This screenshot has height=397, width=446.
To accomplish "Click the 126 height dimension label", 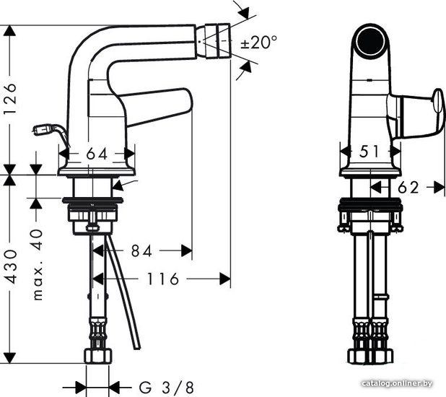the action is coord(10,99).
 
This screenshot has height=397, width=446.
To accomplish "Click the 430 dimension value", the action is coord(12,266).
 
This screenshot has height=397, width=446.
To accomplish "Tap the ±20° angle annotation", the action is coord(258,43).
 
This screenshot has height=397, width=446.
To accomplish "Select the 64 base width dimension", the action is coord(97,154).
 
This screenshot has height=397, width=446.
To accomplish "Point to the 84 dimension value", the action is coord(141,251).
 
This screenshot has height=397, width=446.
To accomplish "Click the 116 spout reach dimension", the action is coord(162,279).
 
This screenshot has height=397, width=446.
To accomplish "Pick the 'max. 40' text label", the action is coord(38,264).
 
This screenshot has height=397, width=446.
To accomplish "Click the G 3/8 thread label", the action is coord(167,388).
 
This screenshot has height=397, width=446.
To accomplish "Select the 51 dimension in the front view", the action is coord(370,151).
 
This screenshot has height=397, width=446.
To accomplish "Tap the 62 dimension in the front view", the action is coord(408,188).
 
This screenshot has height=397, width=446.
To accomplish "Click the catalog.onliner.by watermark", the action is coord(397,383).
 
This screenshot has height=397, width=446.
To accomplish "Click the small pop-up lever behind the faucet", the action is coord(51,134).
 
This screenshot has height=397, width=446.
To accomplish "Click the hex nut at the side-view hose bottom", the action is coord(98,356).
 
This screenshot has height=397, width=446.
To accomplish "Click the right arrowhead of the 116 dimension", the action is coord(224,279).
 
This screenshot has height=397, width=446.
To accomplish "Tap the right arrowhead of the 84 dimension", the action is coord(187,251).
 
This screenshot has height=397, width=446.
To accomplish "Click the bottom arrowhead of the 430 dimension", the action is coord(10,358).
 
